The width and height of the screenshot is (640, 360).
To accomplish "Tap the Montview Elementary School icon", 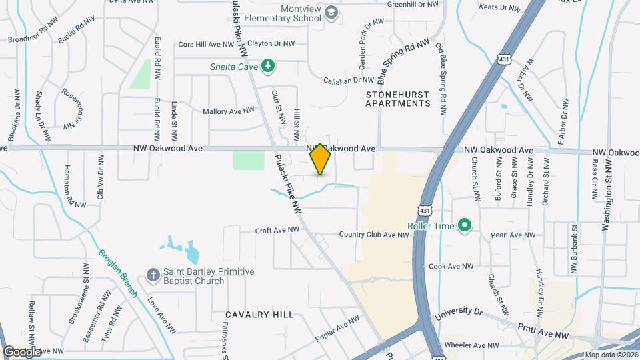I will pyautogui.click(x=331, y=13).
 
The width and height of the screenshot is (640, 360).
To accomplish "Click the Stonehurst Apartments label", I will pyautogui.click(x=398, y=99).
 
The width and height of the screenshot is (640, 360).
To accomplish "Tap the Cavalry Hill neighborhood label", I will pyautogui.click(x=259, y=314).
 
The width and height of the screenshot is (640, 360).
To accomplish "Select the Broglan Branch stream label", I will pyautogui.click(x=119, y=273).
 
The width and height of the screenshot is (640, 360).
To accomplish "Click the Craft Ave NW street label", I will pyautogui.click(x=277, y=230).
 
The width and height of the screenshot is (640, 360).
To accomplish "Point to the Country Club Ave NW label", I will pyautogui.click(x=373, y=235).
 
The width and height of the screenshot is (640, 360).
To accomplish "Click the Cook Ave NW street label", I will pyautogui.click(x=451, y=266).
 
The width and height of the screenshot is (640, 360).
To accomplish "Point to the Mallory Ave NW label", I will pyautogui.click(x=229, y=111).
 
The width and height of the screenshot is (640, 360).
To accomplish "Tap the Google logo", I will pyautogui.click(x=22, y=351).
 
